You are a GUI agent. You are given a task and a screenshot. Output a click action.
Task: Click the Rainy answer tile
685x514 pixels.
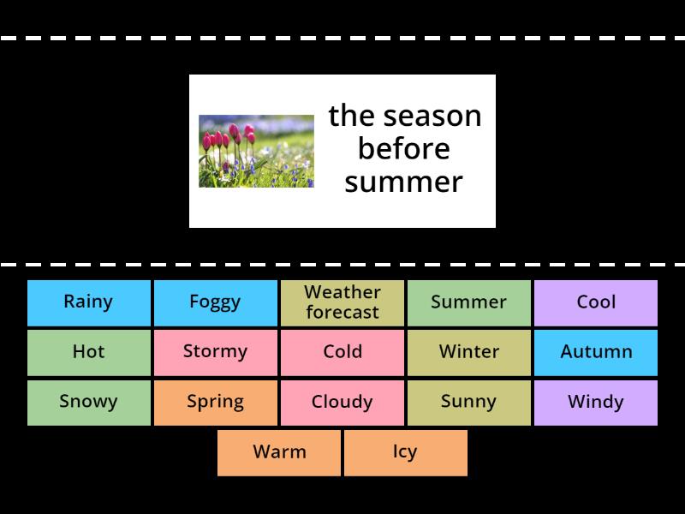click(89, 302)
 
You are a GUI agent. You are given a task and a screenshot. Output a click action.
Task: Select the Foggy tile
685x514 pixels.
click(216, 302)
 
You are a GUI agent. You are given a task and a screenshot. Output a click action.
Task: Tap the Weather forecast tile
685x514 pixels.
click(342, 302)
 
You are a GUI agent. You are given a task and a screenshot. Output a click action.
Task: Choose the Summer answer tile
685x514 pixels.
click(469, 302)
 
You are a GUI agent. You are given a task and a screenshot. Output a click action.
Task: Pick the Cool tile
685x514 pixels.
click(596, 302)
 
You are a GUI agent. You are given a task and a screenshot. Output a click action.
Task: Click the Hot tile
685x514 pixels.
click(89, 352)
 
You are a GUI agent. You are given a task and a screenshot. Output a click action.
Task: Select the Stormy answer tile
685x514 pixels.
click(216, 352)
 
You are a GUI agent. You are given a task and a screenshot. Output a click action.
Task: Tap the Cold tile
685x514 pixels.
click(342, 352)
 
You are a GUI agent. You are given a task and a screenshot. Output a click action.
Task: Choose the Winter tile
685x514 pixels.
click(469, 352)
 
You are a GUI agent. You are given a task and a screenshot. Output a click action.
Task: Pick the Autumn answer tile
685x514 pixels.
click(596, 352)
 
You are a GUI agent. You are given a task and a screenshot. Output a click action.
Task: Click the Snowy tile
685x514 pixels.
click(89, 402)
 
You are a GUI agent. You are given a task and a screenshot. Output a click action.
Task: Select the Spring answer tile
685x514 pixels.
click(216, 402)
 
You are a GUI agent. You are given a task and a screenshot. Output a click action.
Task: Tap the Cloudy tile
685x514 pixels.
click(342, 402)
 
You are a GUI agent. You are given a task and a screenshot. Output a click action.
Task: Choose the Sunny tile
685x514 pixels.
click(469, 402)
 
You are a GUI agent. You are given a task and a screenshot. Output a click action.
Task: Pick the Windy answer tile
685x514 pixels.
click(596, 402)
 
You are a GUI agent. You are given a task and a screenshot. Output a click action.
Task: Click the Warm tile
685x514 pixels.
click(279, 451)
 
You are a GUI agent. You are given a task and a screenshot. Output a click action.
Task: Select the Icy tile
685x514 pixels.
click(405, 451)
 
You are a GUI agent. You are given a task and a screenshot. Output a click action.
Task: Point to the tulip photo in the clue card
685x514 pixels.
click(256, 151)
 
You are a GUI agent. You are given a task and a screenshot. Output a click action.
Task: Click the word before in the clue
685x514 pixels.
click(403, 149)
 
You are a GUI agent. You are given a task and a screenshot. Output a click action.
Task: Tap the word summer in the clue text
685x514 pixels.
click(403, 182)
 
